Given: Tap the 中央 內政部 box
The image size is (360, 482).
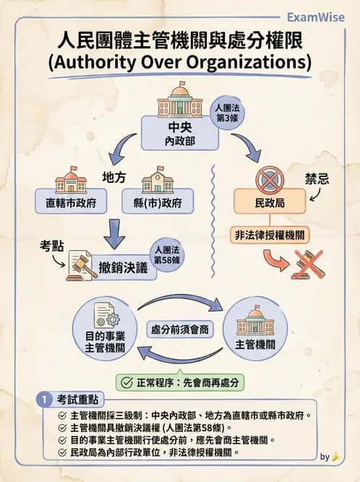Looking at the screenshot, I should pyautogui.click(x=179, y=135).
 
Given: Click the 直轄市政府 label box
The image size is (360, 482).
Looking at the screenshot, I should pyautogui.click(x=71, y=202).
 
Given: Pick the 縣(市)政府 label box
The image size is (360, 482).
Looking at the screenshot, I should pyautogui.click(x=157, y=202).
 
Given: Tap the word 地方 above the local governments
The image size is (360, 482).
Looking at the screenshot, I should pyautogui.click(x=114, y=176).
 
